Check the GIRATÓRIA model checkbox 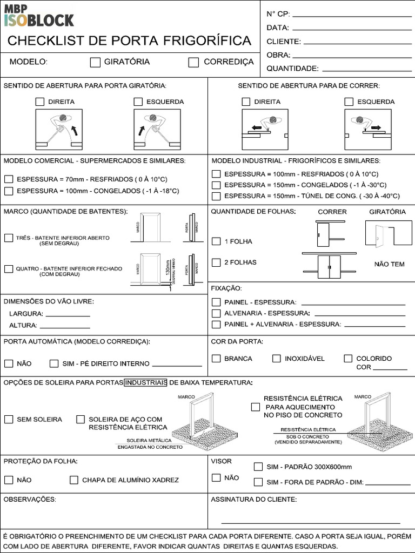tap(95, 62)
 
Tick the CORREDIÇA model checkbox tap(193, 62)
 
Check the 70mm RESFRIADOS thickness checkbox tap(9, 179)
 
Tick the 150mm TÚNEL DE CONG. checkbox tap(216, 196)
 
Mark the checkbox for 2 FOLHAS tap(216, 262)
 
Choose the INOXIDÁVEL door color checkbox tap(277, 358)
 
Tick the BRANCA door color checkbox tap(216, 358)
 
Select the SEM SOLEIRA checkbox tap(9, 419)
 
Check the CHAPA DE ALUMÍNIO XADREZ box tap(73, 480)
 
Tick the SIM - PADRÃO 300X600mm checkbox tap(258, 467)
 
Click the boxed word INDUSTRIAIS tap(145, 383)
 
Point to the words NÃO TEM tap(389, 265)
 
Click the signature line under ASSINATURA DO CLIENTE tap(311, 523)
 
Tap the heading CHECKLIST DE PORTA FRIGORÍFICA tap(129, 41)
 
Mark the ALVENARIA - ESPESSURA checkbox tap(216, 313)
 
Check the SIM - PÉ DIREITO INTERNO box tap(54, 363)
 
